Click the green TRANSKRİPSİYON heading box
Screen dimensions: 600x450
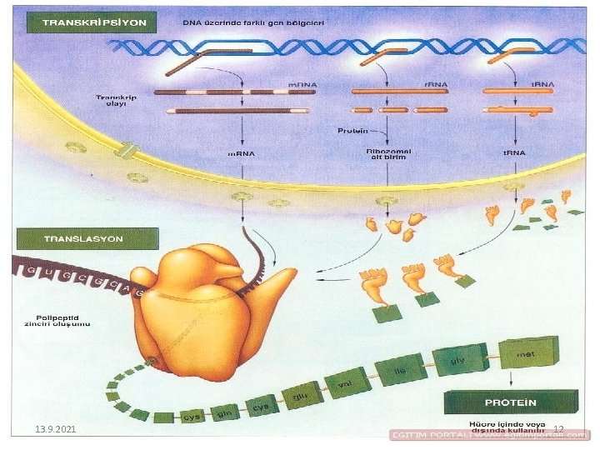pyautogui.click(x=91, y=21)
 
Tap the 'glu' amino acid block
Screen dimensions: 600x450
pyautogui.click(x=302, y=394)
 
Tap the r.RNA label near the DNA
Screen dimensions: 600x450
pyautogui.click(x=435, y=84)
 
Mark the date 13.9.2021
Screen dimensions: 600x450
pyautogui.click(x=56, y=428)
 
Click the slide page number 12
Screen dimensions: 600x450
pyautogui.click(x=559, y=429)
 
